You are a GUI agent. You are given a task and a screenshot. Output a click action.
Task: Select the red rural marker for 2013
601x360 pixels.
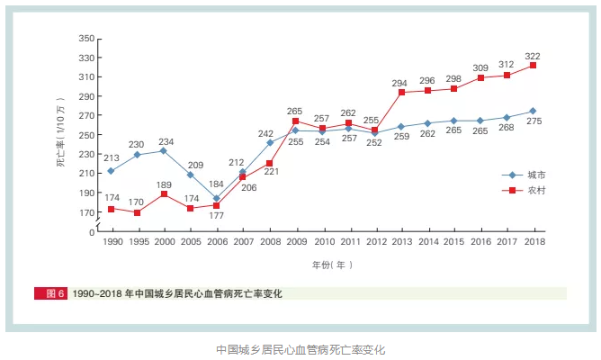(x=400, y=93)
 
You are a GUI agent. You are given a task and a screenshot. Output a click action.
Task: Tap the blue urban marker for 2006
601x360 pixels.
(x=216, y=199)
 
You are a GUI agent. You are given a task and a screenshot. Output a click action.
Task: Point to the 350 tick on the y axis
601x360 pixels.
(x=86, y=39)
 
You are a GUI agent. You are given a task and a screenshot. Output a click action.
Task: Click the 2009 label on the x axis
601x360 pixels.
(x=295, y=242)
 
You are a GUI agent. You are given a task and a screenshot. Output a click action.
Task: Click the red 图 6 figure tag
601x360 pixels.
(x=50, y=293)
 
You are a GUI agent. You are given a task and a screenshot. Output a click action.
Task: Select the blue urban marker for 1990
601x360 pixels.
(x=111, y=171)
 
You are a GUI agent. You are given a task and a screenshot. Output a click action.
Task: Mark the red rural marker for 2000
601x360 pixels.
(x=164, y=194)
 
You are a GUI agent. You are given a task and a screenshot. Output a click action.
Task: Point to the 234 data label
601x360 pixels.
(x=166, y=141)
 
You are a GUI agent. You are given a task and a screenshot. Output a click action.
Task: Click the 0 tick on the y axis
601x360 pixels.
(x=91, y=232)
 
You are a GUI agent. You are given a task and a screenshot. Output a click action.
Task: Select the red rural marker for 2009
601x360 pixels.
(x=295, y=121)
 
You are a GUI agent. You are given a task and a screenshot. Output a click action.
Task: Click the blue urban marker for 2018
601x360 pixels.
(x=533, y=112)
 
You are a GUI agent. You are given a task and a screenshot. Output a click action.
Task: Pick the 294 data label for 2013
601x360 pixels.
(x=400, y=83)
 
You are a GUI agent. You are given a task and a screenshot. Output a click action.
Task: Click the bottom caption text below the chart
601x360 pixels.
(x=300, y=348)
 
